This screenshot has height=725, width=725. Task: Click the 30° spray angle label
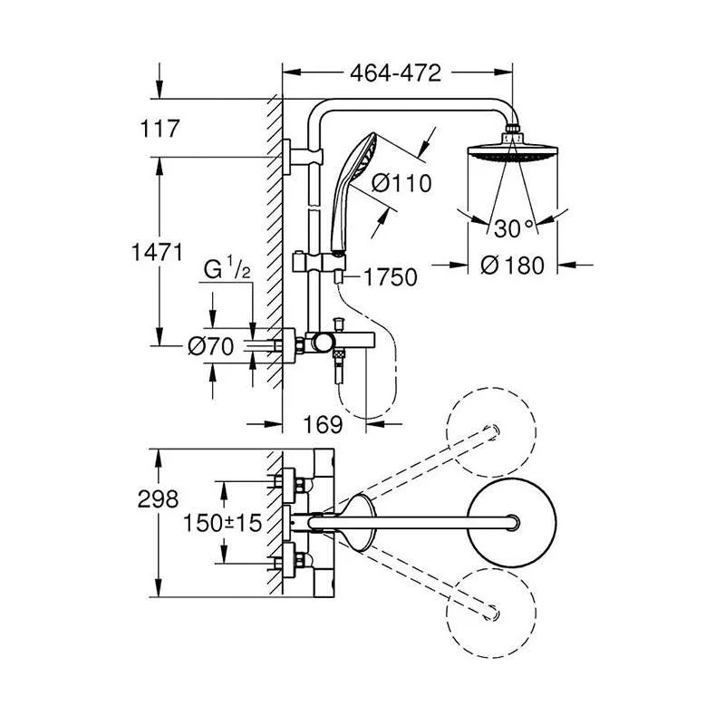tap(514, 227)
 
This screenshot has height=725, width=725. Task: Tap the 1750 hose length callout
tap(391, 277)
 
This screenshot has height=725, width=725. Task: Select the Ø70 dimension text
tap(211, 345)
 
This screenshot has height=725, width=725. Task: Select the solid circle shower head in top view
tap(513, 522)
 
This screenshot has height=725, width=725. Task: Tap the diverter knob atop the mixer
tap(339, 322)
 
